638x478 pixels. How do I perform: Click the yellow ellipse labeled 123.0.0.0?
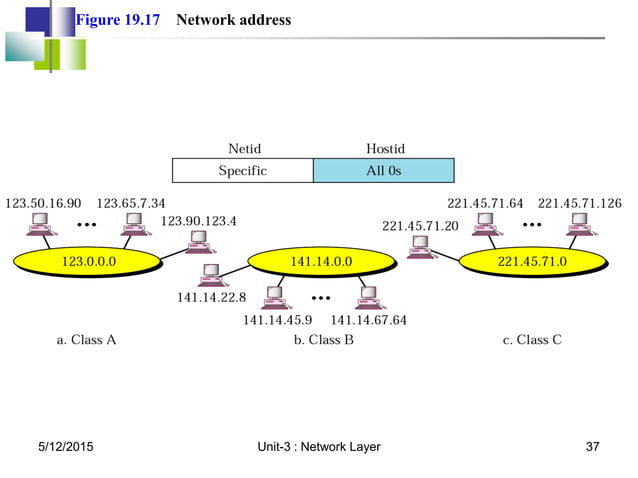point(88,262)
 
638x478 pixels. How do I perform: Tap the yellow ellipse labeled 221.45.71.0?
point(532,262)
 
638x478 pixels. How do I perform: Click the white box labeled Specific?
point(243,171)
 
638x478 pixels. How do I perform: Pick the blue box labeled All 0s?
point(384,171)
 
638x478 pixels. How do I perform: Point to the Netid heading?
point(243,149)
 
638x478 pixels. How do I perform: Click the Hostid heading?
point(385,149)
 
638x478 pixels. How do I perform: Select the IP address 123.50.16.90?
point(43,203)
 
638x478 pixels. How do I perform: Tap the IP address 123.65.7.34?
point(131,203)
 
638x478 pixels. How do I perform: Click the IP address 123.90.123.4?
point(198,220)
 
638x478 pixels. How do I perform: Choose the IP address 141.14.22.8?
point(211,297)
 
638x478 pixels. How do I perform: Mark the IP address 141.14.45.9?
point(278,320)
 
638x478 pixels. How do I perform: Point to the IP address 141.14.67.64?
point(369,320)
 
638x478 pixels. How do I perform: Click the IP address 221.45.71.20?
point(420,225)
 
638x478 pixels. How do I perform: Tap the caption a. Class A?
point(86,340)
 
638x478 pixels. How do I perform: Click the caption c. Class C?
point(532,340)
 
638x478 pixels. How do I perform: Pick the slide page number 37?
point(592,446)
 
